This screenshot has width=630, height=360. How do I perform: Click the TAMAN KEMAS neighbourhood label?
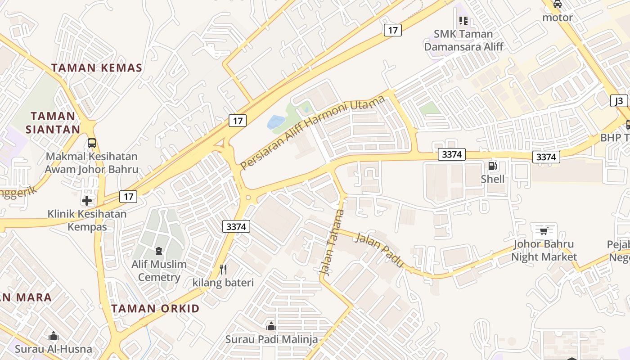tap(97, 68)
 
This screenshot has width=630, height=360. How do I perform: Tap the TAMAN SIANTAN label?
tap(53, 122)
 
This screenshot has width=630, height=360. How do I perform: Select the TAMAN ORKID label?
tap(155, 309)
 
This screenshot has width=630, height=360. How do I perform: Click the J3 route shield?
tap(619, 101)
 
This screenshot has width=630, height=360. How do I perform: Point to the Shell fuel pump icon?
tap(493, 166)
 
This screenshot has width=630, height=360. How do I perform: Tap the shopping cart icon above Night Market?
tap(544, 231)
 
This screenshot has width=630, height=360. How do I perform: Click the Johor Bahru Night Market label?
tap(544, 251)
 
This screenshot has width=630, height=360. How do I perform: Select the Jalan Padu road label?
tap(379, 250)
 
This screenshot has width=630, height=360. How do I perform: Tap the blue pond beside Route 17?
tap(276, 121)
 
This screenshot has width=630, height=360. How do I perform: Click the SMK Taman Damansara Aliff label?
tap(463, 40)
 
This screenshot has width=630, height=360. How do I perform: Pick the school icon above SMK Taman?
tap(463, 20)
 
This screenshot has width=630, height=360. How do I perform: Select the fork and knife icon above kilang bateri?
tap(223, 269)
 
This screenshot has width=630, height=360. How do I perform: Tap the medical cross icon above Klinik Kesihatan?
tap(87, 200)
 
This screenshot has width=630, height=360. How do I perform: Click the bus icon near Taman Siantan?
tap(92, 143)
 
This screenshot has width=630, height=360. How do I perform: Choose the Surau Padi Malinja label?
tap(271, 339)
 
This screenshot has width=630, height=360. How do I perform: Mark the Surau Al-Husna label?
tap(53, 349)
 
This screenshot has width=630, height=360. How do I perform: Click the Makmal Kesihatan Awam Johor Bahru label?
tap(91, 163)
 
